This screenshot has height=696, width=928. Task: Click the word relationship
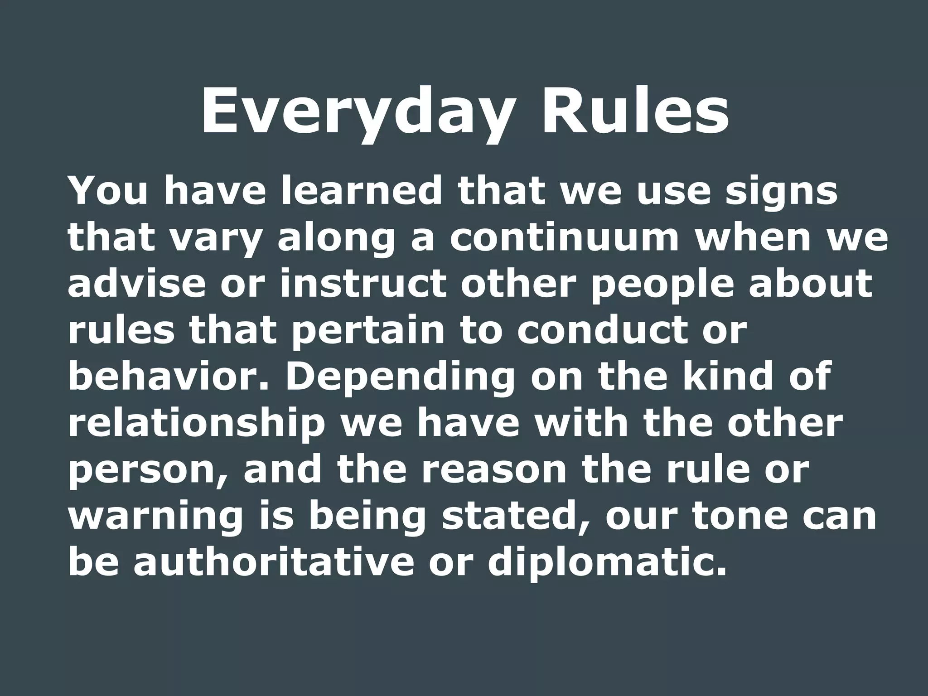(197, 424)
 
